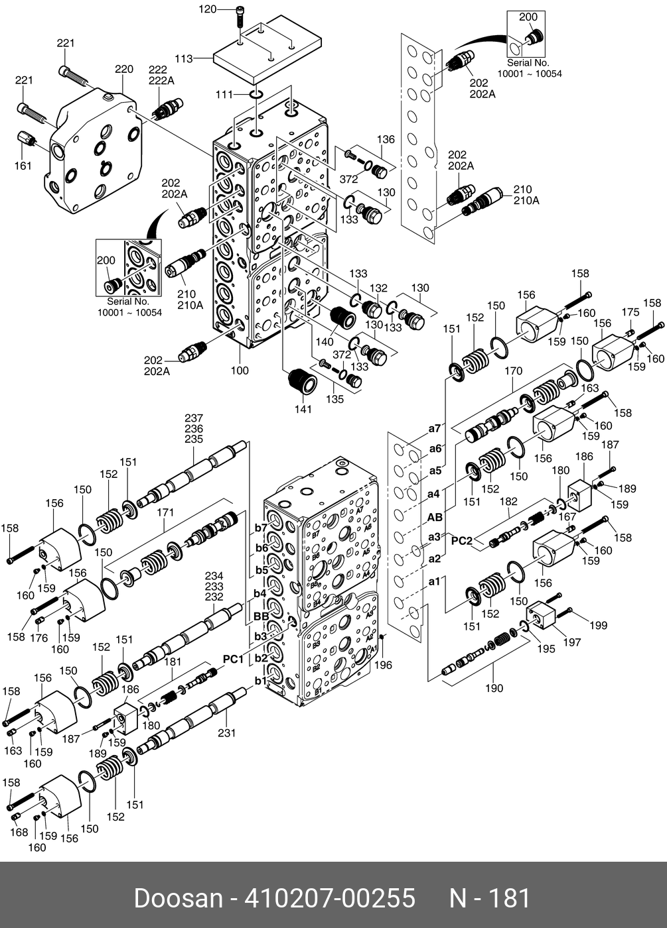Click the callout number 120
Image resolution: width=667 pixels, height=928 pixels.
coord(207,9)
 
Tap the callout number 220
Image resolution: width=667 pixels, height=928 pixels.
coord(124,69)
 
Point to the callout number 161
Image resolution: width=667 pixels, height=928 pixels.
coord(23,166)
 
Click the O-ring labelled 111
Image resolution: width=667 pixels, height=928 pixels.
coord(256,95)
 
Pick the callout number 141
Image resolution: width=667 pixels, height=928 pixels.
coord(303,410)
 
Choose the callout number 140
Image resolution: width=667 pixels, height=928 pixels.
coord(325,342)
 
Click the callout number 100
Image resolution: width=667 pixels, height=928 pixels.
coord(240,371)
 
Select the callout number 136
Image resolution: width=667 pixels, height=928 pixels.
coord(386,140)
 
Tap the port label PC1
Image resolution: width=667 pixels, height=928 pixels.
coord(233,659)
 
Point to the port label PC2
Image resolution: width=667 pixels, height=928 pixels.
coord(462,541)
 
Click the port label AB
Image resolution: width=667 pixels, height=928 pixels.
coord(435,518)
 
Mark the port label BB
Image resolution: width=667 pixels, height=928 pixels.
coord(261,617)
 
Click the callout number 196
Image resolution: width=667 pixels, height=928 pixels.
coord(384,666)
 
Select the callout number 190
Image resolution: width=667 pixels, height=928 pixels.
coord(494,689)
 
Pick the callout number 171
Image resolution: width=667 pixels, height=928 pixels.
coord(165,513)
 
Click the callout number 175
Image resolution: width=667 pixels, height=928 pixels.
coord(630,312)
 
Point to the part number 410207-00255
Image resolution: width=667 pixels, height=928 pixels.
coord(330,898)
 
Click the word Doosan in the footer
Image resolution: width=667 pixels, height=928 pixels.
coord(179,898)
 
